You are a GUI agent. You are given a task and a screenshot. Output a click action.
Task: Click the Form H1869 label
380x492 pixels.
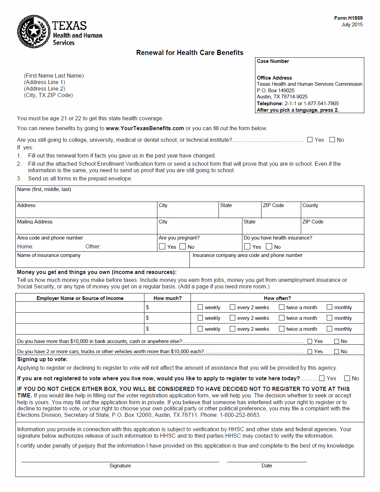point(348,18)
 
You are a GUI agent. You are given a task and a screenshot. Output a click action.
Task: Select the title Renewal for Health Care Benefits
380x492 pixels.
point(189,53)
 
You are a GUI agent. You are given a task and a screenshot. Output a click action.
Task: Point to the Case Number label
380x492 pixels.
point(273,61)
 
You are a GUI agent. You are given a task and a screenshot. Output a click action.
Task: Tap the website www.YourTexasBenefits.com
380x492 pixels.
point(145,128)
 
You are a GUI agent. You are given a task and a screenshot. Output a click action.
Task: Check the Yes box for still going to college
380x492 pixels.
point(310,140)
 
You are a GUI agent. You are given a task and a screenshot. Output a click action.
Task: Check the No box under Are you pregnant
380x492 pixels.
point(183,246)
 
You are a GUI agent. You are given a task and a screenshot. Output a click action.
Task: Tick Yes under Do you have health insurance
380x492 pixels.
point(248,246)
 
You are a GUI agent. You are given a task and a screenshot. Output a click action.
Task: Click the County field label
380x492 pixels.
point(310,205)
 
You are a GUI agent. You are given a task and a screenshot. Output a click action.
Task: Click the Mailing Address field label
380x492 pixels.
point(35,222)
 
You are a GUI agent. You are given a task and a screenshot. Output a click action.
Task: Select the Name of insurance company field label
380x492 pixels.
point(49,255)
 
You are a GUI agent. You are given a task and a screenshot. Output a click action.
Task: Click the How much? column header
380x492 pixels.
point(167,298)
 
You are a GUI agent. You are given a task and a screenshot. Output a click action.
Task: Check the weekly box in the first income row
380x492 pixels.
point(200,307)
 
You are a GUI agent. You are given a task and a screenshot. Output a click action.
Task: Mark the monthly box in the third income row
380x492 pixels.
point(329,329)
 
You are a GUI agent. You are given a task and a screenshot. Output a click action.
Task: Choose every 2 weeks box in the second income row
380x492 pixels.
point(233,318)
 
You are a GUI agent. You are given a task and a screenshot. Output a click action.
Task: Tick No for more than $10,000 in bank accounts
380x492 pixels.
point(337,341)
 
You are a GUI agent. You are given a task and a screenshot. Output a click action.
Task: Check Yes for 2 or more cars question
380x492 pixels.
point(310,352)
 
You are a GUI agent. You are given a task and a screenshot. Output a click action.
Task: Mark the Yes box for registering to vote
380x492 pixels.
point(322,378)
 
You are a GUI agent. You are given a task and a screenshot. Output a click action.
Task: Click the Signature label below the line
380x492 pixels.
point(120,466)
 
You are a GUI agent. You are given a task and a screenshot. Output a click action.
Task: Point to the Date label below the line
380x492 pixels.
point(267,466)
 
